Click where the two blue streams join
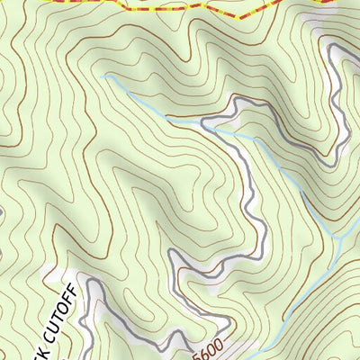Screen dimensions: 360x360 pos(334,236)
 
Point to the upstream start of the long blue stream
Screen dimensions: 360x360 pos(103,77)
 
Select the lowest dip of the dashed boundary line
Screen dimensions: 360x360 pos(236,17)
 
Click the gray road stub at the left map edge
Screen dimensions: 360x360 pos(2,212)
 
